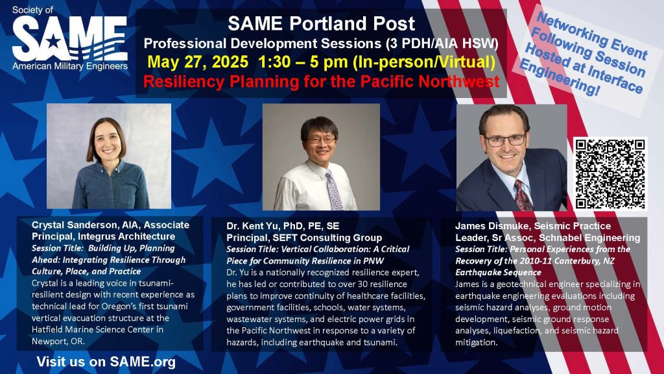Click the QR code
coord(610,174)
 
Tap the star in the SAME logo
coord(53,42)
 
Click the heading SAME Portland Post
coord(322,24)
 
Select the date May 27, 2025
coord(198,62)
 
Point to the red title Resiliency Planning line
coord(322,81)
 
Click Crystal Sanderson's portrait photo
coord(109,156)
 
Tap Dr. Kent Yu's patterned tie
coord(334,190)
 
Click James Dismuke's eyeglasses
coord(504,140)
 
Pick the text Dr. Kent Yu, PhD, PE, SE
coord(283,226)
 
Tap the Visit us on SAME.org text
coord(106,362)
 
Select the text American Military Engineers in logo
coord(70,67)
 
